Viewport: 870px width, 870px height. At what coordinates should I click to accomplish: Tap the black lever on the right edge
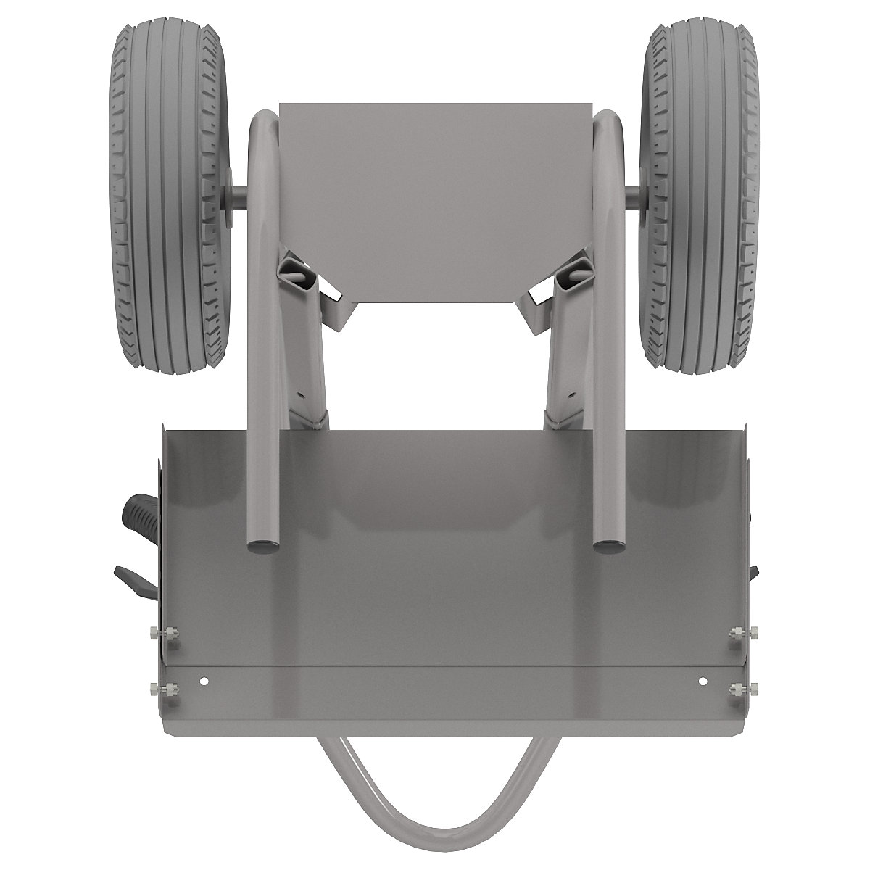click(755, 580)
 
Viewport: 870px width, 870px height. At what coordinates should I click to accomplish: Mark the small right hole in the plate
click(702, 681)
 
